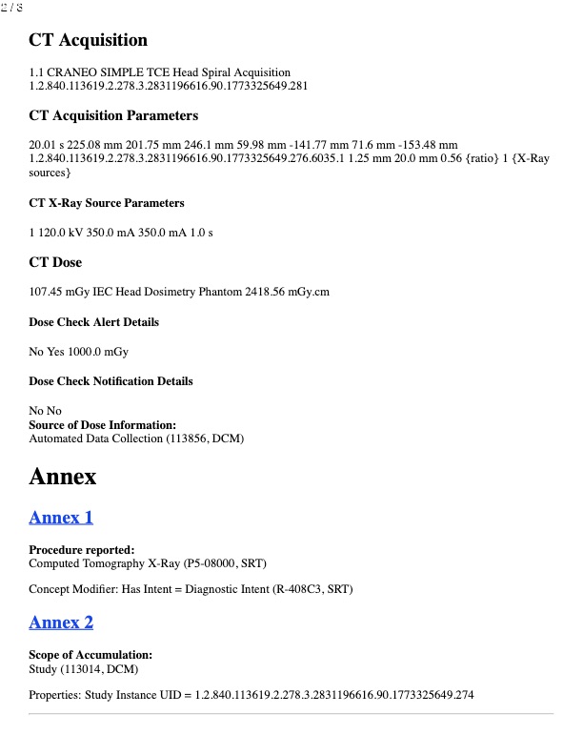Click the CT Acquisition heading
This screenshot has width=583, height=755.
click(89, 40)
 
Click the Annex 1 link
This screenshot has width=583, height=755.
click(61, 518)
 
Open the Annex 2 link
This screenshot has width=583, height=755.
click(61, 622)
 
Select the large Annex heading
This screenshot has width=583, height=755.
click(63, 477)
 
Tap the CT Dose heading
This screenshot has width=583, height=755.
click(55, 262)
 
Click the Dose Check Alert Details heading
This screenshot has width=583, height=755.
click(94, 322)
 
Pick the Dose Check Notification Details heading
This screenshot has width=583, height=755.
click(111, 381)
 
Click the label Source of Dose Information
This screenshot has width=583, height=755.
click(102, 425)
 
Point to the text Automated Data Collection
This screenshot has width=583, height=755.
click(95, 439)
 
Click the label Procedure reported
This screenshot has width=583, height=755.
click(81, 550)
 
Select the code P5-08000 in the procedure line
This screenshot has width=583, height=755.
click(201, 563)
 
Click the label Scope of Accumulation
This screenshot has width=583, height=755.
click(90, 655)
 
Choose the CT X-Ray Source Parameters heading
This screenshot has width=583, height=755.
click(107, 203)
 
